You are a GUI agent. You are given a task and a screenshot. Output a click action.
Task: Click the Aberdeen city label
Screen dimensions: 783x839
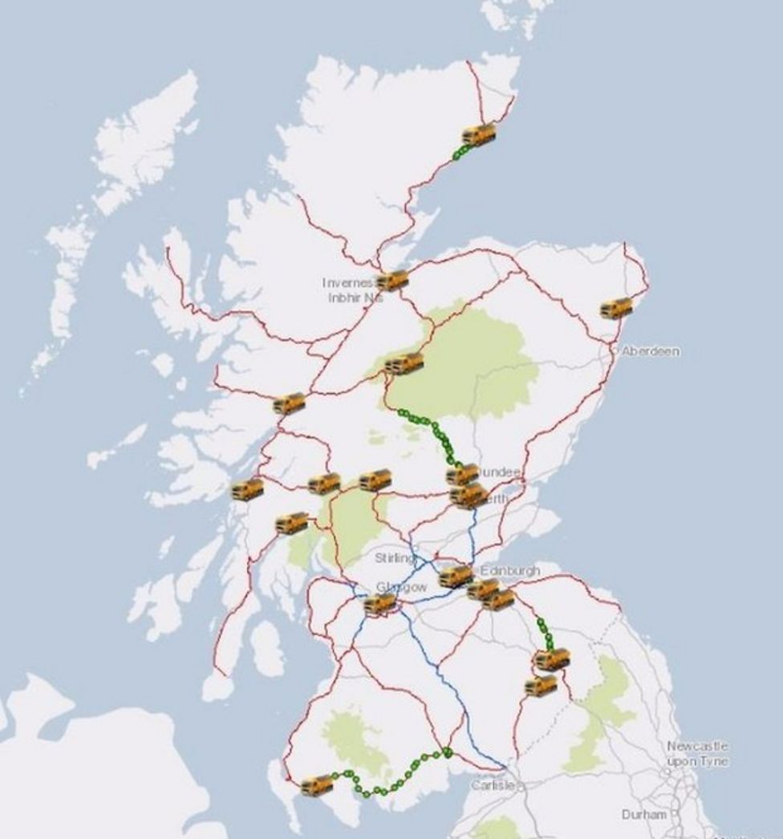click(651, 351)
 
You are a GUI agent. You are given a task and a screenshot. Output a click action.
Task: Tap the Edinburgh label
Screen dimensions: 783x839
click(510, 570)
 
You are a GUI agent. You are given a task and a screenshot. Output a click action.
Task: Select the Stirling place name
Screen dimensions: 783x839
click(396, 557)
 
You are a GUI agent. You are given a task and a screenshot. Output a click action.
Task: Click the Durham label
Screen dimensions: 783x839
click(643, 814)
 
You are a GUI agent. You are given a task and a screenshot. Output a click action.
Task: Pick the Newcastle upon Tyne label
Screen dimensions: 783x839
click(697, 753)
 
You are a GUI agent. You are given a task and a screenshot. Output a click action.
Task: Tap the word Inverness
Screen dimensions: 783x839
click(348, 282)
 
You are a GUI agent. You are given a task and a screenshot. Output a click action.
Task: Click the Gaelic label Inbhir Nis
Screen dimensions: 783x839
click(351, 298)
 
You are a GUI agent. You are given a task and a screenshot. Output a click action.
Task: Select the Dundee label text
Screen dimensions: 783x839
click(499, 472)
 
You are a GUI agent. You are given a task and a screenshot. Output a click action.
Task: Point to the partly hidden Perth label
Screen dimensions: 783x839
click(495, 499)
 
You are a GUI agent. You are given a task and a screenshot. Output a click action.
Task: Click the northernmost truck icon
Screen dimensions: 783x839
click(478, 134)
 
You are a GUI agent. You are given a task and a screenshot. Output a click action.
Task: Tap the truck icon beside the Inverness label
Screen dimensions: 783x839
click(392, 281)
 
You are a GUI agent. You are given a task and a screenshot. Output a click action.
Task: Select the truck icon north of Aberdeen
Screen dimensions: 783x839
click(616, 308)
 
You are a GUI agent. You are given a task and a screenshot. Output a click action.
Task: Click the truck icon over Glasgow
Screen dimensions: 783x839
click(379, 604)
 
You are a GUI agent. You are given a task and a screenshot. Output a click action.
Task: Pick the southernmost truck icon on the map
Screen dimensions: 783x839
click(317, 785)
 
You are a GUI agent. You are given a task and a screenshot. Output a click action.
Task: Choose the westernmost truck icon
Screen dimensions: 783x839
click(247, 489)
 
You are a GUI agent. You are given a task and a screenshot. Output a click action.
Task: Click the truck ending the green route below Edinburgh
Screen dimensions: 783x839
click(552, 659)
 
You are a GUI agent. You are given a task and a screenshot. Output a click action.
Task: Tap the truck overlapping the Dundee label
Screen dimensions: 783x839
click(462, 475)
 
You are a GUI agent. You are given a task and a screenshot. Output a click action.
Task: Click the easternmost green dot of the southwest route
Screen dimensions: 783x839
click(447, 752)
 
